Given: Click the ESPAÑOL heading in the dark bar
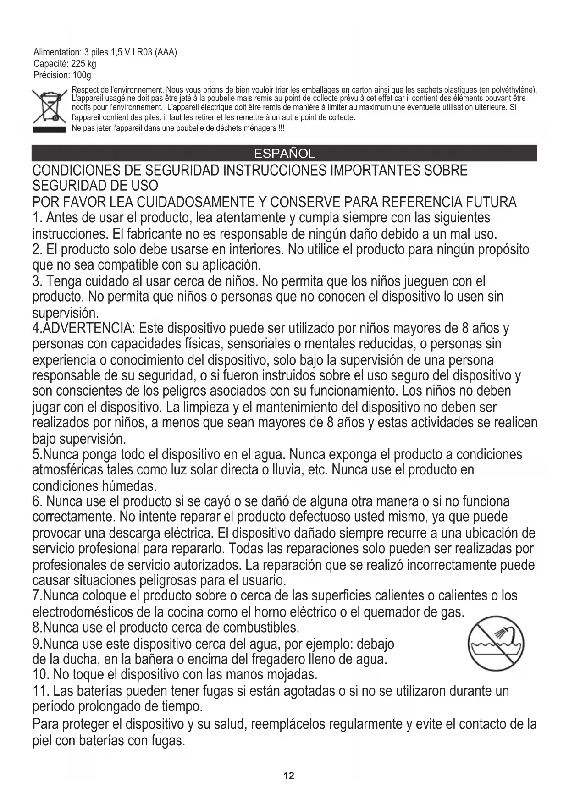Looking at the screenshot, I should tap(284, 154).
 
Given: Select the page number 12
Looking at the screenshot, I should tap(289, 776).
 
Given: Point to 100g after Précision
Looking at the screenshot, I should tap(82, 75).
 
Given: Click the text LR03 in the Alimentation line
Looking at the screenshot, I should tap(142, 52).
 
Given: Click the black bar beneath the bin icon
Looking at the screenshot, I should tap(50, 130).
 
